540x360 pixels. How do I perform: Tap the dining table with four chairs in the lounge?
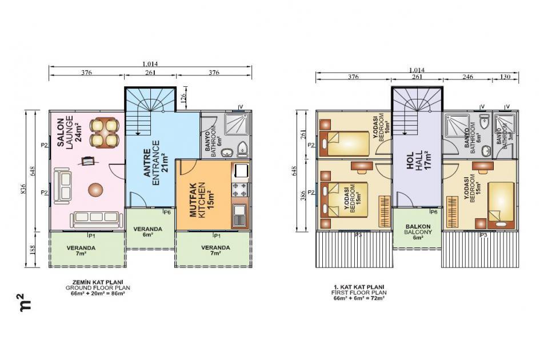coord(105,132)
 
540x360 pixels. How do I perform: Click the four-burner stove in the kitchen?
coord(239,189)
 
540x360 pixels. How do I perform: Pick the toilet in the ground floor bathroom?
coord(242,149)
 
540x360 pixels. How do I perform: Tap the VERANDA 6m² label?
coord(148,231)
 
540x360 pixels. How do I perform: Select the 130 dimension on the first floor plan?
coord(506,77)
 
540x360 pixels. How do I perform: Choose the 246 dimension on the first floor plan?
coord(469,77)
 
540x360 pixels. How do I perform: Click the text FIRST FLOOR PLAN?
coord(359,292)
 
